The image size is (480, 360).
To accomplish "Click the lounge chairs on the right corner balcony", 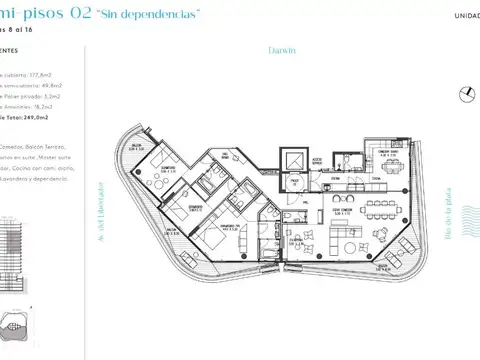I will click(x=398, y=262).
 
